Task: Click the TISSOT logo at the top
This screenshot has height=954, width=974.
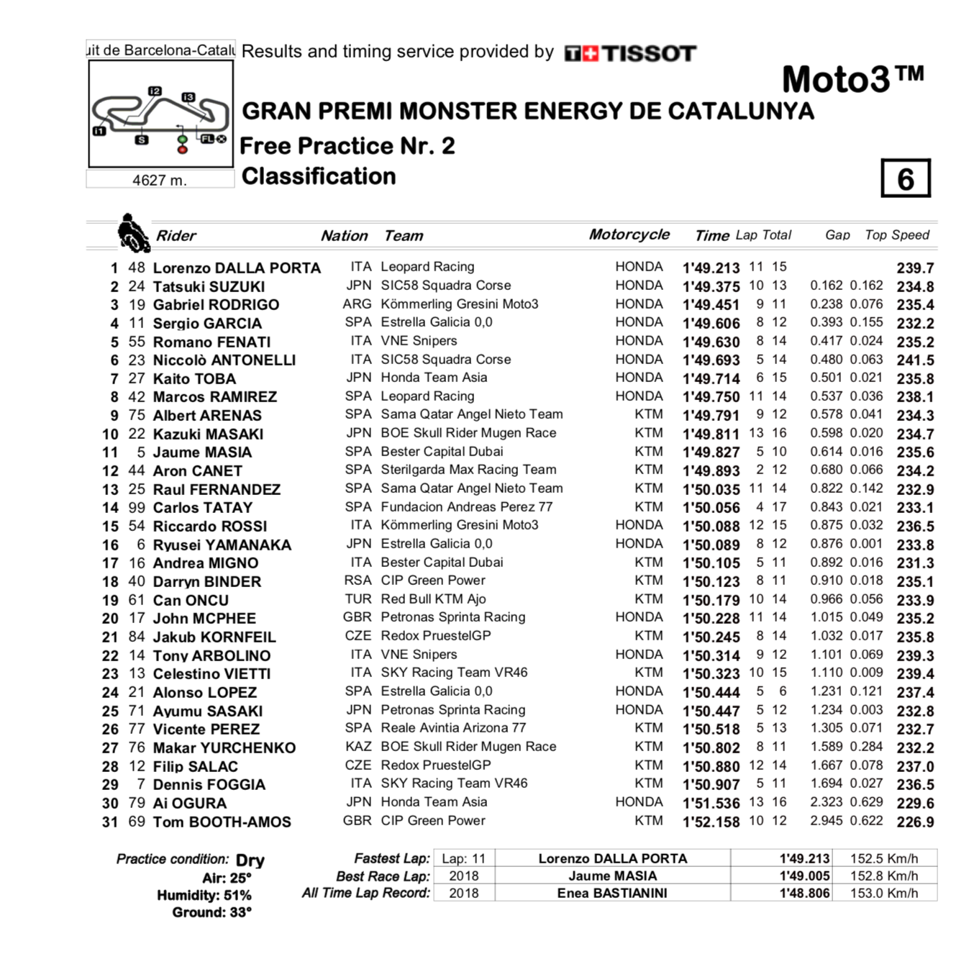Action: (x=630, y=53)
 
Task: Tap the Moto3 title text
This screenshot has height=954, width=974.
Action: (x=852, y=79)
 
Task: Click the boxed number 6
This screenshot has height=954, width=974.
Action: (x=906, y=178)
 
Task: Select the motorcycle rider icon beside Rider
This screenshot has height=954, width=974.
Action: (x=132, y=233)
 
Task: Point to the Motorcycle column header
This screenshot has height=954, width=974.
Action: (x=629, y=235)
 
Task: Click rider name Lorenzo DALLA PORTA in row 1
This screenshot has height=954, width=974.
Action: (x=237, y=268)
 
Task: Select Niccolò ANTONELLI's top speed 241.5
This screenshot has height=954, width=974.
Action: (x=915, y=360)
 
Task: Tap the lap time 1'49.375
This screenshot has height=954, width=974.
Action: (x=711, y=286)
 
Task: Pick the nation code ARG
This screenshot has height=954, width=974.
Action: (x=357, y=304)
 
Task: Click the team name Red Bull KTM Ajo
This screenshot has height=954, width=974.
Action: (x=433, y=599)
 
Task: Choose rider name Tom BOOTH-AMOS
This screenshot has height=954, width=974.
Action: (x=222, y=822)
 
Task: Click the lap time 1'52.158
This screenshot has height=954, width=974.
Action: (x=711, y=822)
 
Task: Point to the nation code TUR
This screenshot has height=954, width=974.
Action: (x=358, y=599)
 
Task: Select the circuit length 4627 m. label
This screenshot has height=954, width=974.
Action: (x=160, y=180)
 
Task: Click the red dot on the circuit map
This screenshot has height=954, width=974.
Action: (x=183, y=149)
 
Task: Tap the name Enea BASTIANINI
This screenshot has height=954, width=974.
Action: (x=612, y=893)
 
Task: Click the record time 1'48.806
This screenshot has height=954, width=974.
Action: (x=804, y=893)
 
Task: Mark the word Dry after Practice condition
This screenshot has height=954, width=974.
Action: (x=250, y=860)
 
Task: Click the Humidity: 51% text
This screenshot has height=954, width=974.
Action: (x=204, y=896)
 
